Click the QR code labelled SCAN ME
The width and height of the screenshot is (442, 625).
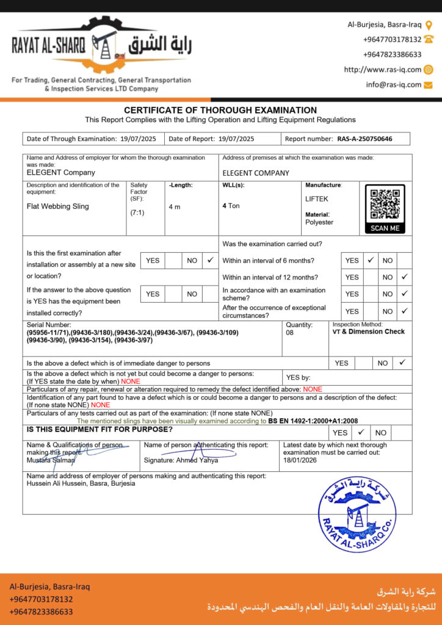(x=385, y=205)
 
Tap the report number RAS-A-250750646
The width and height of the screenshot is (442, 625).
(x=364, y=139)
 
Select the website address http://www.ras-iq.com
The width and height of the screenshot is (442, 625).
(x=382, y=70)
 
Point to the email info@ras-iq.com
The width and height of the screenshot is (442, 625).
(x=394, y=85)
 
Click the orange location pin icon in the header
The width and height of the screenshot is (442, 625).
(x=429, y=25)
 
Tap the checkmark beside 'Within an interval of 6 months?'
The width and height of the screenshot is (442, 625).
(x=370, y=260)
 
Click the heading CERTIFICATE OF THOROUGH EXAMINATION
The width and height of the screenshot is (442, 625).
(x=220, y=110)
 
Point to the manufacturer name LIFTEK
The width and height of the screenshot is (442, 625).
(x=317, y=199)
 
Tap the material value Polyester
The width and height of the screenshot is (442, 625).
(x=319, y=222)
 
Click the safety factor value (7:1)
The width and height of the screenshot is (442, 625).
(x=137, y=212)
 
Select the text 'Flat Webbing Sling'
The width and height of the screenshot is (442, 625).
(x=58, y=206)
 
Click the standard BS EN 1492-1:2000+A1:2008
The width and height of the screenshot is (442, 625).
(x=313, y=421)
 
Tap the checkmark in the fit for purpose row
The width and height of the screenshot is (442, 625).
(x=361, y=432)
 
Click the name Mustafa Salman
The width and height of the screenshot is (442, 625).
(x=51, y=460)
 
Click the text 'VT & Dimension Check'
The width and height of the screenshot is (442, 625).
(x=368, y=332)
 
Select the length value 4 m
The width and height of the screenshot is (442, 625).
(x=175, y=207)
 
